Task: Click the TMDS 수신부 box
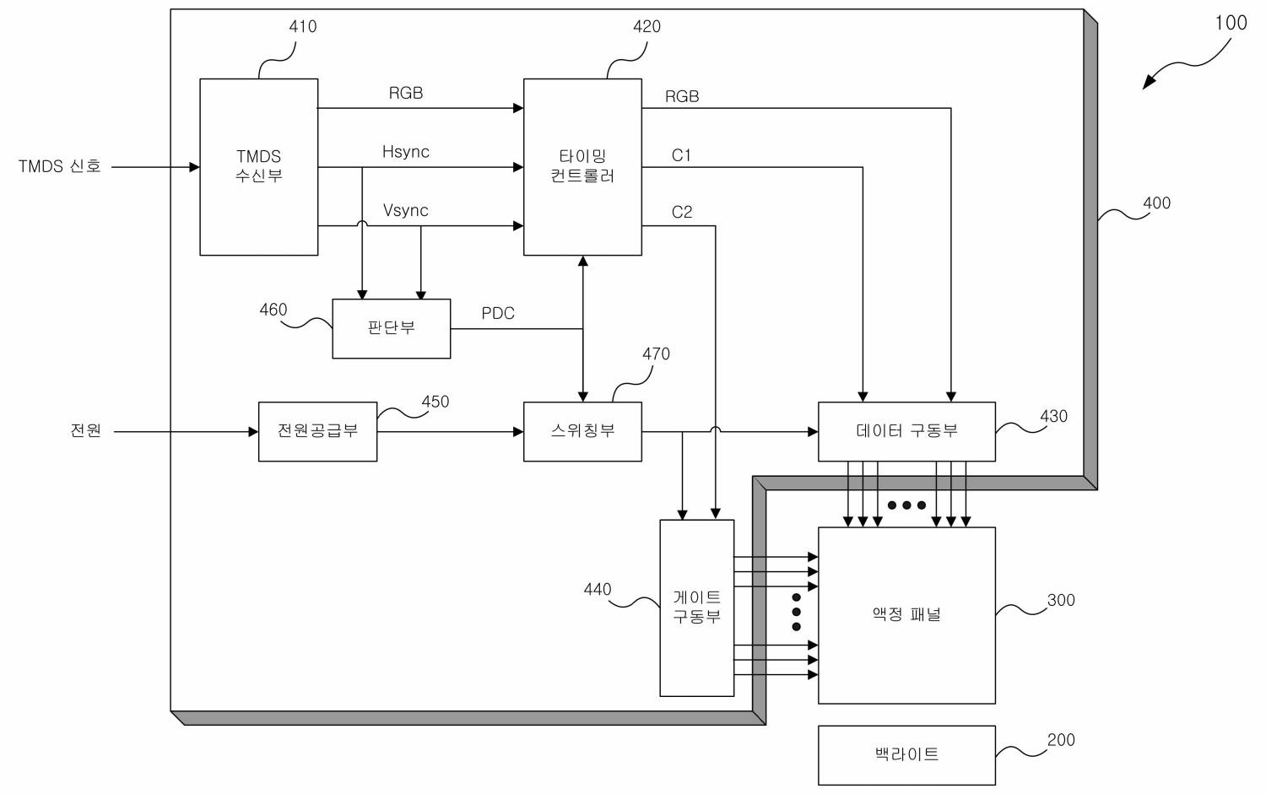click(259, 167)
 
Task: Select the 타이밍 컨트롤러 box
click(582, 167)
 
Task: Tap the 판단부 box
click(391, 328)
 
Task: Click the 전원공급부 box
click(317, 432)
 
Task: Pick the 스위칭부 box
click(582, 432)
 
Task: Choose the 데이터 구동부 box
click(906, 432)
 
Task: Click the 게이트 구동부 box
click(697, 608)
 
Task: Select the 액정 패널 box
click(906, 615)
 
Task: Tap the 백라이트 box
click(906, 755)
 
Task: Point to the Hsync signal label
click(406, 152)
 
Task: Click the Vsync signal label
click(406, 210)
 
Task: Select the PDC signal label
click(498, 313)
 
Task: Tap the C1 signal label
click(681, 155)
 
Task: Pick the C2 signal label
click(682, 212)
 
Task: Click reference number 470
click(656, 354)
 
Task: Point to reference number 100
click(1231, 23)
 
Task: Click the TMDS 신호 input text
click(59, 166)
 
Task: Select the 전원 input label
click(86, 430)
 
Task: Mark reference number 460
click(273, 310)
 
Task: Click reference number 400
click(1156, 203)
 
